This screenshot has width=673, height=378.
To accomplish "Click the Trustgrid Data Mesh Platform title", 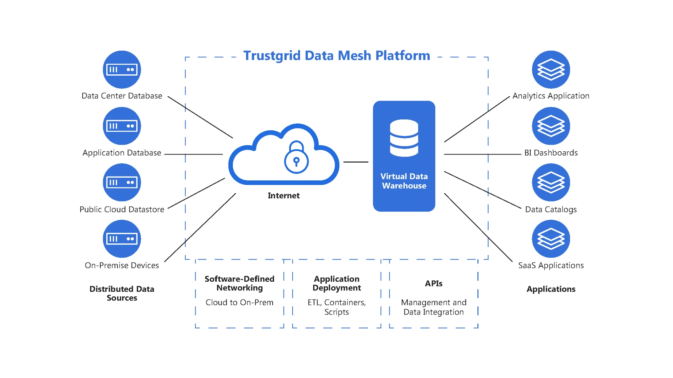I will pos(336,56).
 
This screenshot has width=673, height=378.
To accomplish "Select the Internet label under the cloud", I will pos(284,195).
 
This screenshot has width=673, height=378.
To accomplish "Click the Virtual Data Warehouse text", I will pos(404,181).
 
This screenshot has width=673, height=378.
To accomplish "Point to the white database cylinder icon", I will pos(404,138).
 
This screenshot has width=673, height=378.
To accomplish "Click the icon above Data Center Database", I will pos(122,69).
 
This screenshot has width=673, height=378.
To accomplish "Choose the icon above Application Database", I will pos(122,126).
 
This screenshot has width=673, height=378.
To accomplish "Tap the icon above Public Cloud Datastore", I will pos(122,182).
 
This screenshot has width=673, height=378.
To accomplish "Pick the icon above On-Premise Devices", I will pos(122,239).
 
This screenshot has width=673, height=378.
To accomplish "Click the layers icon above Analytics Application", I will pos(551,69).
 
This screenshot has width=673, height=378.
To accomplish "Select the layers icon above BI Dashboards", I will pos(551,126).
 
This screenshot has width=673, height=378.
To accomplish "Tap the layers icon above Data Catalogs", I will pos(551,182).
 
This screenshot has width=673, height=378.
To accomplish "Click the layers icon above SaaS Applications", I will pos(551,239).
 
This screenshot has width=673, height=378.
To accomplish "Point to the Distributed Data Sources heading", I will pos(122,293).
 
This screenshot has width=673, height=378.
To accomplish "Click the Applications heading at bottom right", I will pos(551,289).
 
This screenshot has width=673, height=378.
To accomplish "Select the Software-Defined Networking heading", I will pos(239,283).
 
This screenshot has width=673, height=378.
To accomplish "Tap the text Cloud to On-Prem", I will pos(239,302).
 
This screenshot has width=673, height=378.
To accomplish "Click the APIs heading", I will pos(434,283).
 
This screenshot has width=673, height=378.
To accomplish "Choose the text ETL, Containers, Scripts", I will pos(336,307).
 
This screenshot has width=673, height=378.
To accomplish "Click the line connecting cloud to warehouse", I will pos(356,162).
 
